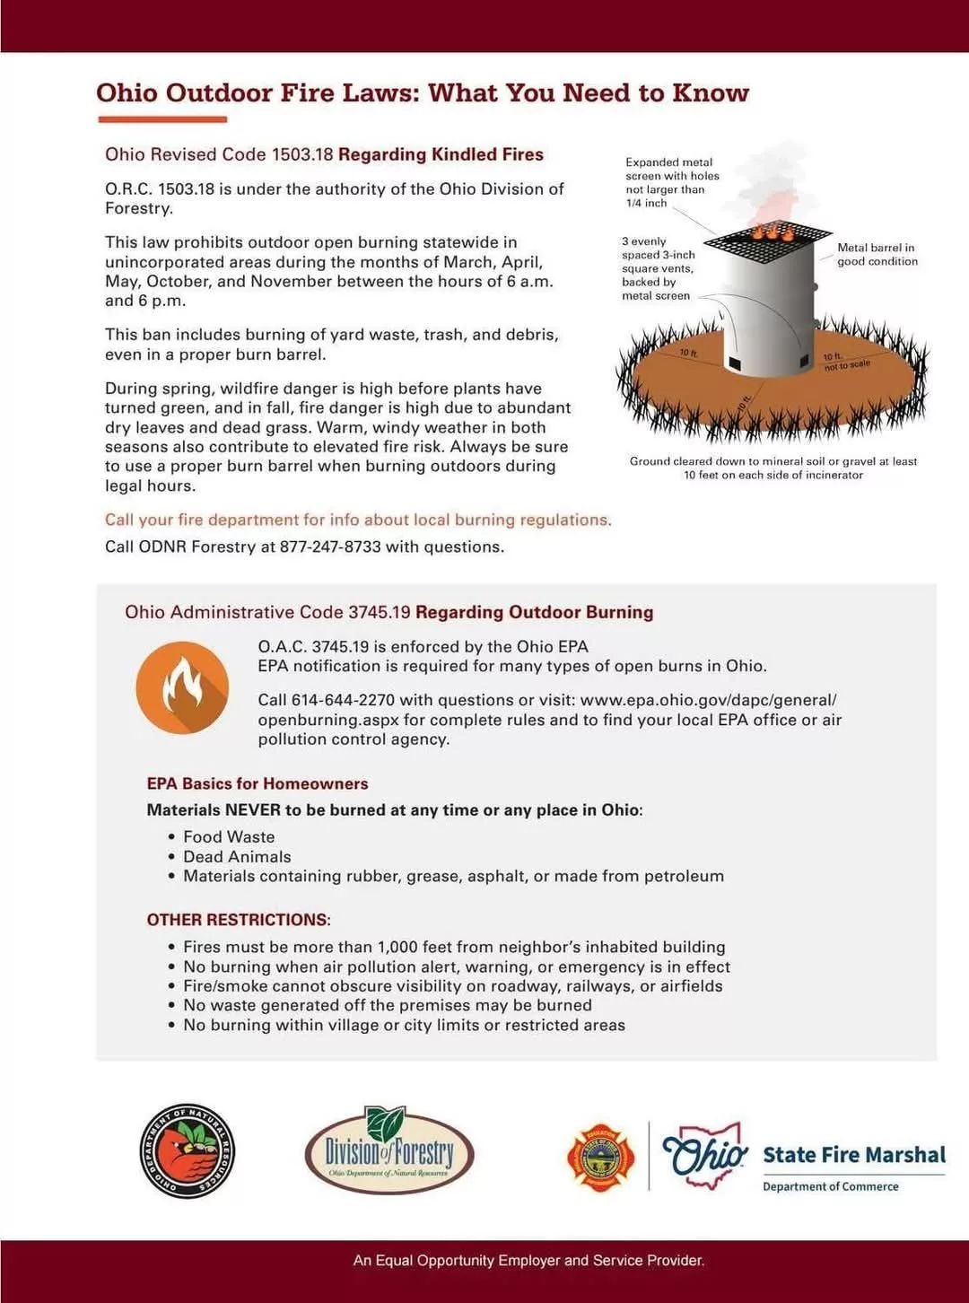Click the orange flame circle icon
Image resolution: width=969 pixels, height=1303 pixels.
click(x=182, y=688)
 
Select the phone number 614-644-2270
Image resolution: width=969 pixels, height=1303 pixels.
click(x=344, y=700)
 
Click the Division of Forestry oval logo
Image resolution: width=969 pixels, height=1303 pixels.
click(x=389, y=1150)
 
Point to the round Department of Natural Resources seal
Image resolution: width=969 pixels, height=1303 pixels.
click(x=187, y=1151)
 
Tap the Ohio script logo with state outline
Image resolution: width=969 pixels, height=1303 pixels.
click(x=704, y=1155)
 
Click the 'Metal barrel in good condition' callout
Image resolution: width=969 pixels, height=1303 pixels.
click(x=877, y=254)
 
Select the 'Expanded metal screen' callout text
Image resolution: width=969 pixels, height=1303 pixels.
click(x=672, y=182)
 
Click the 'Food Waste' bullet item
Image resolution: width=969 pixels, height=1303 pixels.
click(x=229, y=836)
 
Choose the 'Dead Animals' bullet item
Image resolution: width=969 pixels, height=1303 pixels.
click(x=237, y=856)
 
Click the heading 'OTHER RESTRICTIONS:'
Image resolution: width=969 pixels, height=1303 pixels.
click(x=239, y=920)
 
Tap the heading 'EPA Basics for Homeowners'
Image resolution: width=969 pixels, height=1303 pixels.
click(x=258, y=783)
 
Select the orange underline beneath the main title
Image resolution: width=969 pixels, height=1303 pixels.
click(x=162, y=119)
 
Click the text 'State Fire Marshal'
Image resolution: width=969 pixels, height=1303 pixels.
click(x=854, y=1155)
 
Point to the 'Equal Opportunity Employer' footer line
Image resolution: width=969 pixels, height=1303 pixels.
click(x=528, y=1261)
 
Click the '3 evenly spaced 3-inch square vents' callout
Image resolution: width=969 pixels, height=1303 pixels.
click(x=658, y=268)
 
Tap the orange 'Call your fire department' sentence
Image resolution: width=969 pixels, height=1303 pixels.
click(x=358, y=520)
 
